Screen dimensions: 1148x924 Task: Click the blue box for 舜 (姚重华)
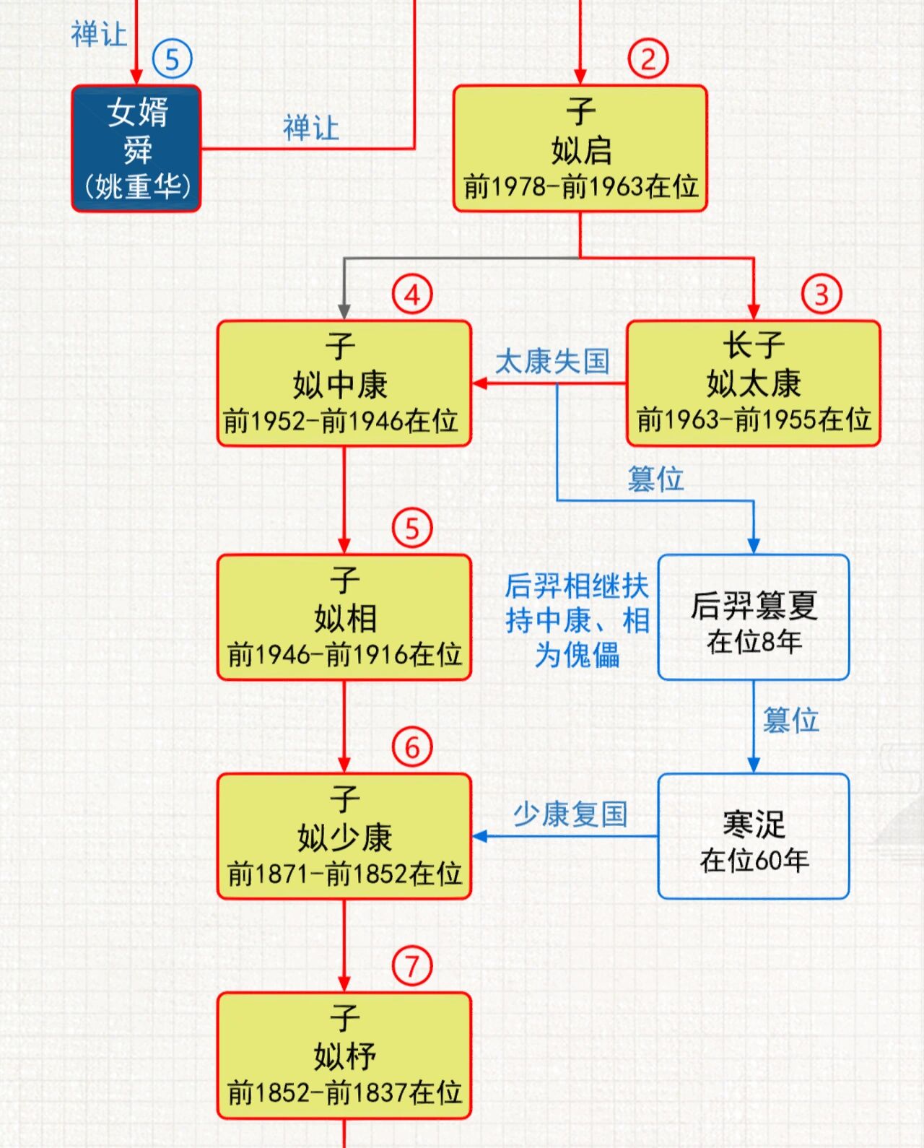[136, 149]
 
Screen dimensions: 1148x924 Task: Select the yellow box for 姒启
[580, 149]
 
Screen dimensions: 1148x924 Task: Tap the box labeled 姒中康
[344, 383]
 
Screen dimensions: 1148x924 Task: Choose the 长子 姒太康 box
[753, 383]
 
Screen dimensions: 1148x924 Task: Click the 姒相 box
[344, 617]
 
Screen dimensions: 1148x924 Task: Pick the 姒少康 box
[344, 836]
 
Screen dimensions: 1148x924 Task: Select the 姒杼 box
[344, 1056]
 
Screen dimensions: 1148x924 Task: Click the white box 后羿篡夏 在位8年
[753, 617]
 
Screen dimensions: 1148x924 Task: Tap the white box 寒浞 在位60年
[753, 836]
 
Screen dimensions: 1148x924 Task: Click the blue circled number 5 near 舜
[173, 59]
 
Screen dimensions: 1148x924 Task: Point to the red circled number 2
[648, 59]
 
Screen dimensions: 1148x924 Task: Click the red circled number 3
[821, 294]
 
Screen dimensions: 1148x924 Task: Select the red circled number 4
[412, 294]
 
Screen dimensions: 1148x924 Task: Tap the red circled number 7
[412, 965]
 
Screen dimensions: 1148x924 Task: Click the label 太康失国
[552, 361]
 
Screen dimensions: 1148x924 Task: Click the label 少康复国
[570, 814]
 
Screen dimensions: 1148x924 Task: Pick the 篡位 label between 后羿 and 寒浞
[790, 720]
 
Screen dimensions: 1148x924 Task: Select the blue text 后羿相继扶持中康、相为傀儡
[577, 619]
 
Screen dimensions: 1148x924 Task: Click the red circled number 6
[412, 747]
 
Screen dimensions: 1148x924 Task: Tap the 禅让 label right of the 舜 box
[310, 128]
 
